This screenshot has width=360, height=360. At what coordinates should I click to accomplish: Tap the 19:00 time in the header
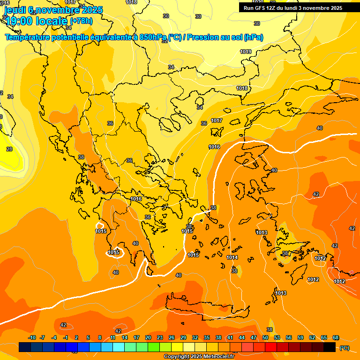click(19, 20)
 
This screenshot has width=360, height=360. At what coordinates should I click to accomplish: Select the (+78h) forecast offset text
click(81, 21)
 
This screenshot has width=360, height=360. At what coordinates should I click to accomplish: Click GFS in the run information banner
click(262, 8)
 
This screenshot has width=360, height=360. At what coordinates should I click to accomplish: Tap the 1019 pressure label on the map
click(246, 52)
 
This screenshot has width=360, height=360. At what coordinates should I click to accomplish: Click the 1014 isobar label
click(232, 257)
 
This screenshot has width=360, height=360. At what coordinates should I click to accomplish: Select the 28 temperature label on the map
click(9, 149)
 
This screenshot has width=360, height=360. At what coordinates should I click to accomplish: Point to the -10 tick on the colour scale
click(32, 337)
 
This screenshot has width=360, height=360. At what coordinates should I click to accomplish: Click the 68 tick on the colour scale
click(336, 337)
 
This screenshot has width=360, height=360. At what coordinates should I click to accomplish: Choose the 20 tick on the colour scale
click(148, 337)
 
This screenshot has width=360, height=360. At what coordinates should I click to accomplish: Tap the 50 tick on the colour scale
click(265, 337)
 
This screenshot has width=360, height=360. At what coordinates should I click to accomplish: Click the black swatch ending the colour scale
click(330, 347)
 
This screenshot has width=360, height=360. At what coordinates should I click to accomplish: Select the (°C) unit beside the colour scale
click(344, 347)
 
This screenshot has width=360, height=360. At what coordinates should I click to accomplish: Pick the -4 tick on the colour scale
click(54, 337)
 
